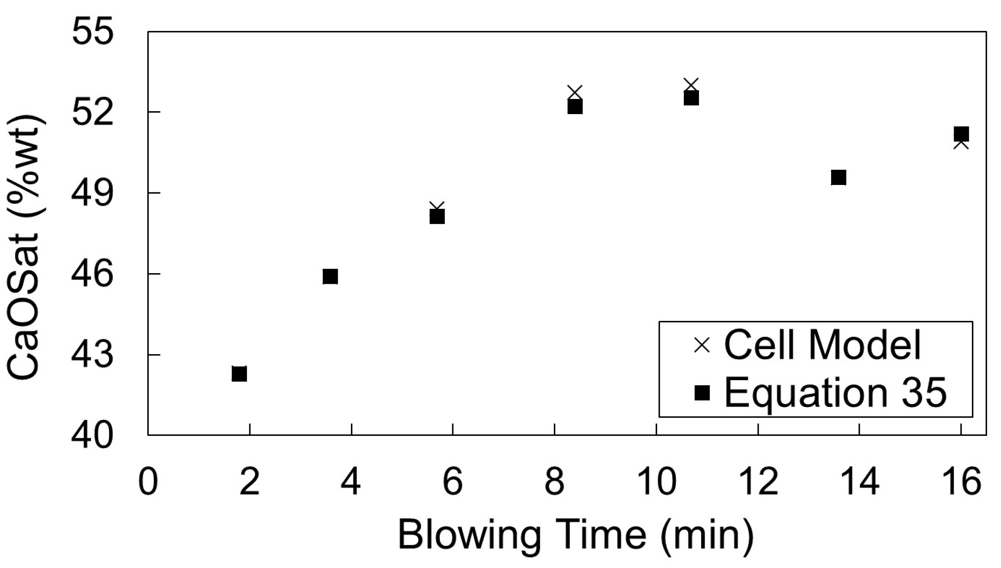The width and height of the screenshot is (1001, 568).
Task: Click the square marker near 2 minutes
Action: (239, 374)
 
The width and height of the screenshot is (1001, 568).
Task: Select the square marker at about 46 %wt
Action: (330, 277)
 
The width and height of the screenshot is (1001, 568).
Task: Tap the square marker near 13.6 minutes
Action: (838, 178)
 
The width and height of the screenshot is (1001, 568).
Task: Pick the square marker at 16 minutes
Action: (962, 134)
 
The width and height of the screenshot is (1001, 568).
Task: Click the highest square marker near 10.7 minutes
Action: (691, 98)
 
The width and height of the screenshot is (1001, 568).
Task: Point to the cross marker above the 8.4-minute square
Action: (575, 91)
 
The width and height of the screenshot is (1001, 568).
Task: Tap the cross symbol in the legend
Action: (702, 345)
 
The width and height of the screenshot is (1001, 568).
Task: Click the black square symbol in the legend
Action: (702, 393)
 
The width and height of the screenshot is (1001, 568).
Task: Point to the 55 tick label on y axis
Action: (92, 32)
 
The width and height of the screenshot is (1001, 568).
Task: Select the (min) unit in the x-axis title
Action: (707, 535)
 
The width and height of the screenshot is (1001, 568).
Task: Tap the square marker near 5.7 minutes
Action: (437, 216)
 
